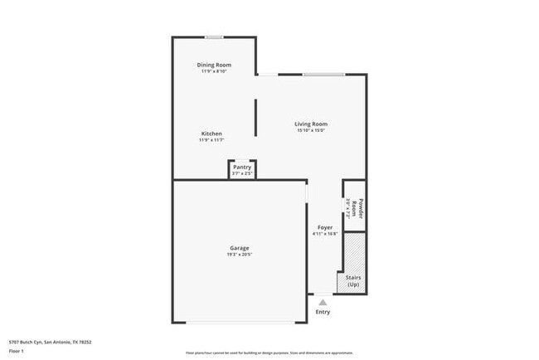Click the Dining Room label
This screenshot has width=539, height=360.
coord(214,65)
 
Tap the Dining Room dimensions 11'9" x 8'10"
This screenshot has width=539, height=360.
coord(214,71)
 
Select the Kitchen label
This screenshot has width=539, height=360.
coord(211,134)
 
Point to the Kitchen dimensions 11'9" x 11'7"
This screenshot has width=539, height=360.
coord(211,140)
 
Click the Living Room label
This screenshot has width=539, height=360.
coord(311,124)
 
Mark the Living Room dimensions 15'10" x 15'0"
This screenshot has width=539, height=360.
coord(311,130)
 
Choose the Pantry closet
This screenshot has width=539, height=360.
coord(242,169)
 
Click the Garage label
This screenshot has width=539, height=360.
coord(240,248)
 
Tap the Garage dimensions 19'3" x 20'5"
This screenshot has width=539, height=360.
coord(240,255)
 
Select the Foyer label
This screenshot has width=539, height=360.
coord(325,227)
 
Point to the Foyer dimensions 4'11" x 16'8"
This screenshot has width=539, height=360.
coord(325,234)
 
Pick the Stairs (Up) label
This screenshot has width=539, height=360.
coord(352,280)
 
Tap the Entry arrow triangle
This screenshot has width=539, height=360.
coord(323,302)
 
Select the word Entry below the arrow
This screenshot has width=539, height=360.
coord(323,312)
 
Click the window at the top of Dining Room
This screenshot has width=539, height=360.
coord(214,37)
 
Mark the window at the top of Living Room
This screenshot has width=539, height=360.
coord(323,75)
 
